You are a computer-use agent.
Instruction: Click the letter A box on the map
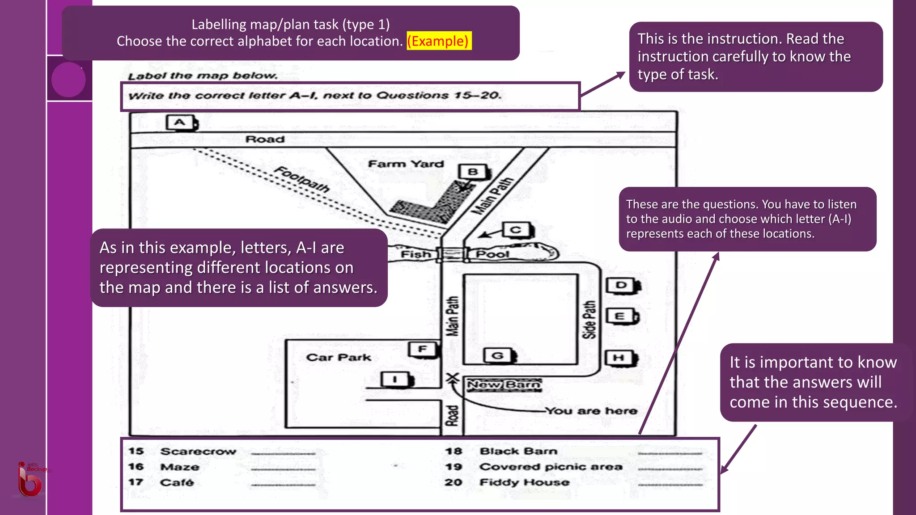[180, 122]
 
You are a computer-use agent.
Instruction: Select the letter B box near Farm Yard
[473, 172]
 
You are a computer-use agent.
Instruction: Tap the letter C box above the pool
[516, 230]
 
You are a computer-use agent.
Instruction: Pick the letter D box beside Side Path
[622, 285]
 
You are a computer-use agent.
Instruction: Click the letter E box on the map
[621, 317]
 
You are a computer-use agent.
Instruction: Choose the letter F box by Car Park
[423, 349]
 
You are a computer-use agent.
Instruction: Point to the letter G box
[498, 356]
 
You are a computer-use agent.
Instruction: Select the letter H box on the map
[619, 358]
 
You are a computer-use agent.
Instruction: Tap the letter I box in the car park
[395, 380]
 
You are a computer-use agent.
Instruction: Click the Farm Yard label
[406, 164]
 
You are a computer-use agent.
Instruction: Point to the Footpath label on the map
[302, 179]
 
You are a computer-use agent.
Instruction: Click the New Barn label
[504, 385]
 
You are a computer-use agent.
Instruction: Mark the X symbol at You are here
[453, 378]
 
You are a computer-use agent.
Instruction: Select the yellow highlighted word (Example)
[439, 41]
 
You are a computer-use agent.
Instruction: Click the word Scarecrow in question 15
[198, 452]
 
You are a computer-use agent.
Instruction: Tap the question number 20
[453, 482]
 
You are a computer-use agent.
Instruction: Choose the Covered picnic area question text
[551, 467]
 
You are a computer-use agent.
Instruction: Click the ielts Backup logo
[30, 479]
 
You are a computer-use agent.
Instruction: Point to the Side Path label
[589, 319]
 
